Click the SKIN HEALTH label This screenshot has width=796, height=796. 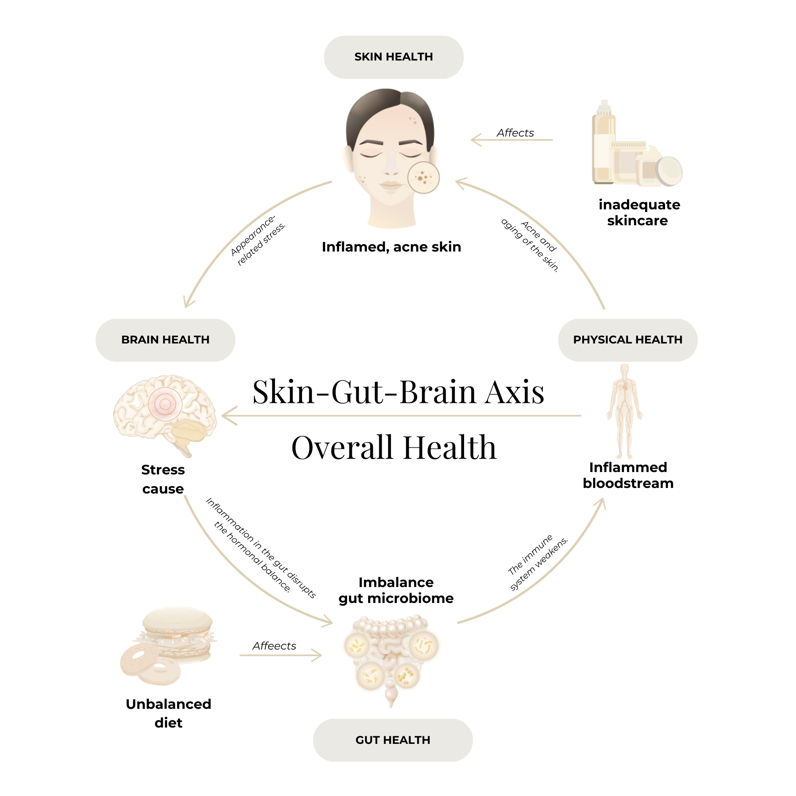394,57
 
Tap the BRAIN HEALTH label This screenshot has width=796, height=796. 165,340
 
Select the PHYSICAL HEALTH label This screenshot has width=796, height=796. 628,340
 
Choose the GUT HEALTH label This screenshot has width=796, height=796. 393,740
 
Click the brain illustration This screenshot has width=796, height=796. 165,412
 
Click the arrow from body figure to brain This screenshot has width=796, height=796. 402,416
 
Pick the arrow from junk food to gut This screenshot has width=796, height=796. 280,655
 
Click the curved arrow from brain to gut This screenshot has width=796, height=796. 247,577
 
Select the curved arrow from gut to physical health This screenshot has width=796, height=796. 544,577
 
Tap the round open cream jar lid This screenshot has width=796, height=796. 669,170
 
